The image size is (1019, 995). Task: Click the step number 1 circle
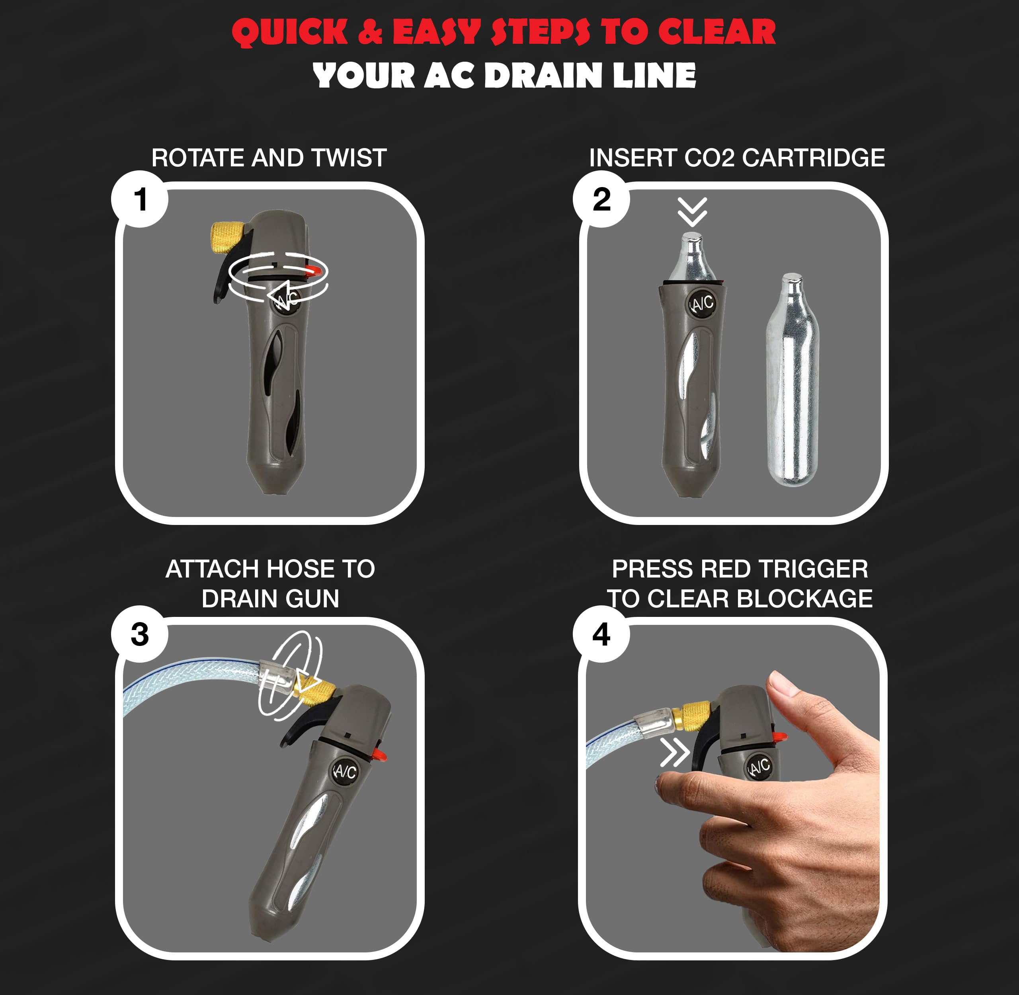(140, 199)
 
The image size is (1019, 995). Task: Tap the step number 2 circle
(601, 199)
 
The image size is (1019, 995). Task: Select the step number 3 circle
(140, 634)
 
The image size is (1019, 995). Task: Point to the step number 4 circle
(601, 634)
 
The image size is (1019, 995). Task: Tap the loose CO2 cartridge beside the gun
(792, 382)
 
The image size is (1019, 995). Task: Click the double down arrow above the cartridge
(692, 212)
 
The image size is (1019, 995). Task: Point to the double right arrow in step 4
(674, 753)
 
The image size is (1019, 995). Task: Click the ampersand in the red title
(371, 32)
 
